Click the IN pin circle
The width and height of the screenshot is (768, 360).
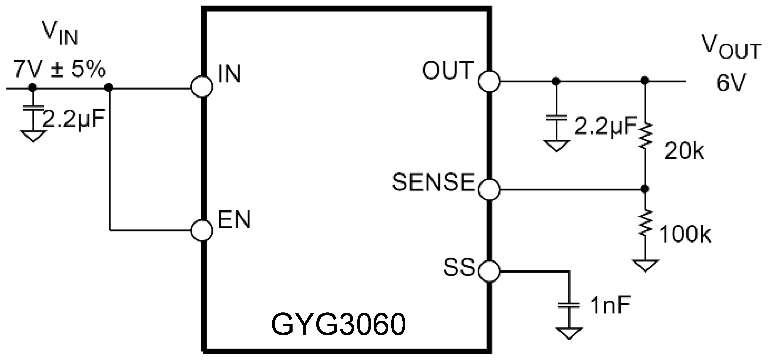pos(202,87)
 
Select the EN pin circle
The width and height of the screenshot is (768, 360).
pos(202,230)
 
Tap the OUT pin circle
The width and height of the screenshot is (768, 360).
pos(489,81)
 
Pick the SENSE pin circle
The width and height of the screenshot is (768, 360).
pos(489,189)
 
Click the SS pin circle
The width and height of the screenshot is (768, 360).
pos(489,271)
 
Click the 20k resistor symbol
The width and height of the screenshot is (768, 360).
pos(645,136)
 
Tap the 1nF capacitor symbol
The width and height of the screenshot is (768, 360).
pos(569,305)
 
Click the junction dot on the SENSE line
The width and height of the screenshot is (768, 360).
pos(645,189)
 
